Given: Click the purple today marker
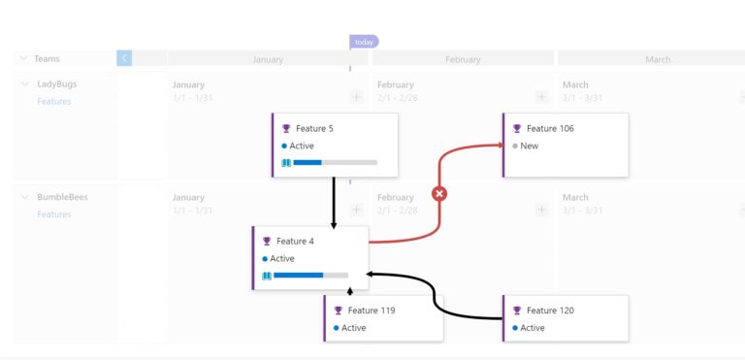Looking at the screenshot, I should [x=364, y=42].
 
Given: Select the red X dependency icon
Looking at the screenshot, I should [x=438, y=193].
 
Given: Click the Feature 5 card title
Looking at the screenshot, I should [x=314, y=128].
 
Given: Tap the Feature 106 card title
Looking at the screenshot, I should [x=550, y=128].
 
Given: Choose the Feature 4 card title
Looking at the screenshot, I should [x=295, y=241].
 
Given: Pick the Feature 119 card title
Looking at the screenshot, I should [x=372, y=311].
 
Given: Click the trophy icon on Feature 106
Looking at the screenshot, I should [x=517, y=128].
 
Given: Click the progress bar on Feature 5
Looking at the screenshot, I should [x=335, y=162].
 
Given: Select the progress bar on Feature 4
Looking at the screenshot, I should [x=310, y=276].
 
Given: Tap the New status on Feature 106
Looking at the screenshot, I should [x=529, y=146].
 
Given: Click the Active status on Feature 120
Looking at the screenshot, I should [x=533, y=328].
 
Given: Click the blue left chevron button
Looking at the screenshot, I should [x=124, y=58].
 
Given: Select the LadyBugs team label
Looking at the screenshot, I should [x=56, y=83].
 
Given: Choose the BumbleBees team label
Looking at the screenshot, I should [x=61, y=197].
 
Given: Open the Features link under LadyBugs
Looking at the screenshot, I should [x=53, y=101].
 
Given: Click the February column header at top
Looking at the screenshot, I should [x=463, y=59].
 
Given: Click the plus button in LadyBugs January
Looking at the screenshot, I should [x=356, y=97].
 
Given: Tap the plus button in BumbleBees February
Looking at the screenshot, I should [x=541, y=210].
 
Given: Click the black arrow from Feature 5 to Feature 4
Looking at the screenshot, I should [x=334, y=202].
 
